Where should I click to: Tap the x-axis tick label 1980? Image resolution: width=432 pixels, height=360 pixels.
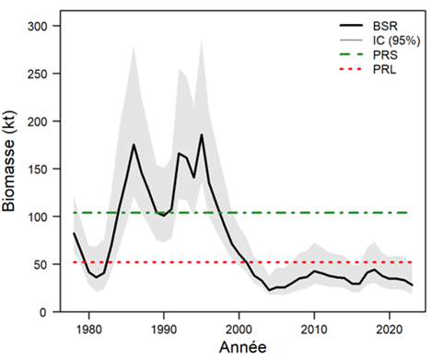(x=88, y=327)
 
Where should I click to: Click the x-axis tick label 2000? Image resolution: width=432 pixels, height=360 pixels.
(x=239, y=327)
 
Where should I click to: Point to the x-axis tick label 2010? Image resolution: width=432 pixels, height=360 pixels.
(x=314, y=327)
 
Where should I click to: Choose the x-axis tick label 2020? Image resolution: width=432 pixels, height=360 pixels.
(x=389, y=327)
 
